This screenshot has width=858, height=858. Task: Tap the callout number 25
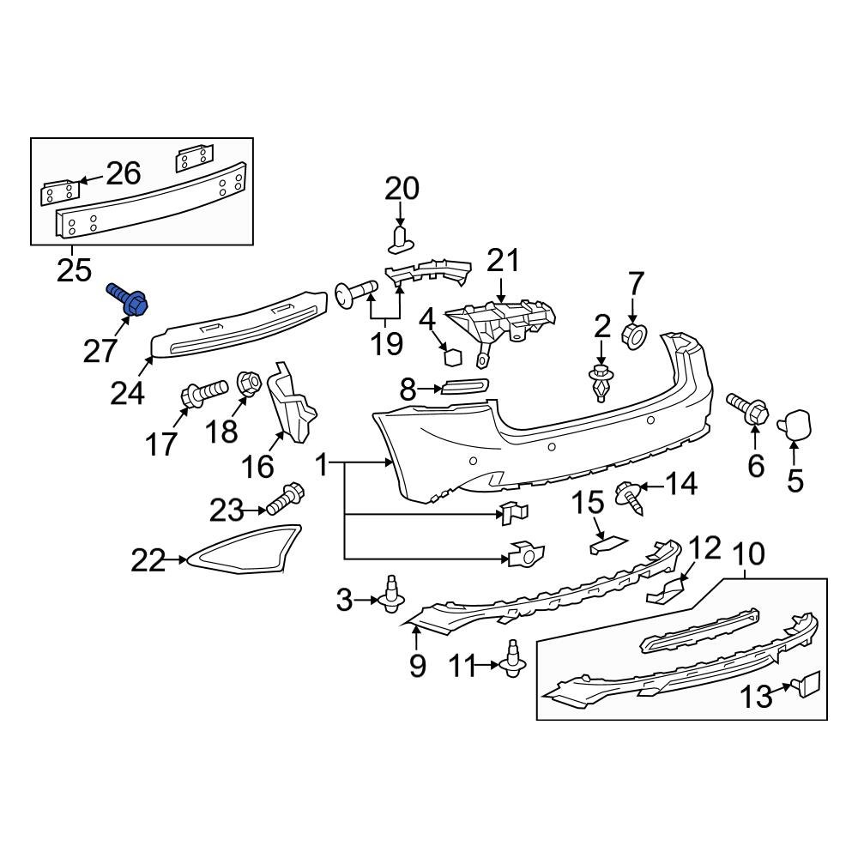[x=74, y=271]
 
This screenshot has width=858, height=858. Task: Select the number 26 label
[x=122, y=174]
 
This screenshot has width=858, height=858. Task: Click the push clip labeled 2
[x=601, y=382]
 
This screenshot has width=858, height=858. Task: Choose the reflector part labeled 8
[x=465, y=388]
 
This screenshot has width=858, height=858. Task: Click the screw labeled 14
[x=631, y=496]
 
